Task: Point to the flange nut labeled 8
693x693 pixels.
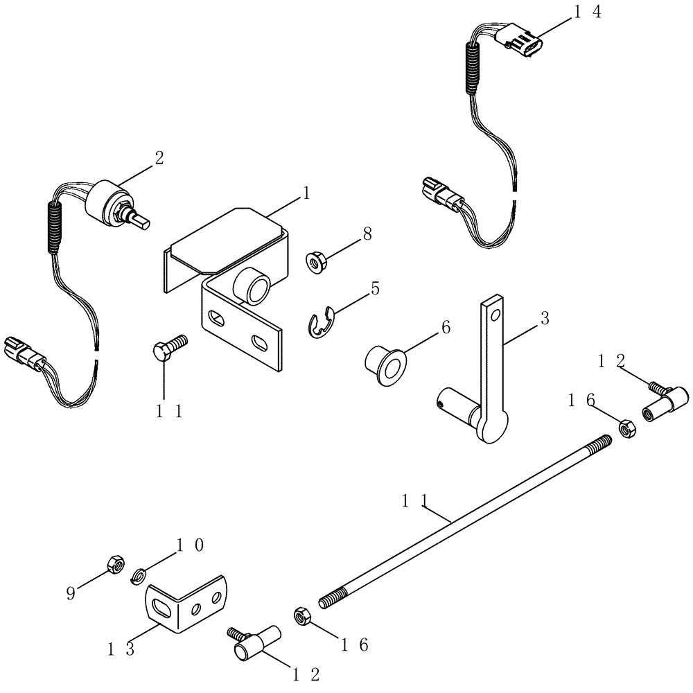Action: (x=317, y=261)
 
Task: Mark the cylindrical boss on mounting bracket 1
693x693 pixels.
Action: (x=252, y=286)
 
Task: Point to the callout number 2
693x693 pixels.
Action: (x=159, y=157)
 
